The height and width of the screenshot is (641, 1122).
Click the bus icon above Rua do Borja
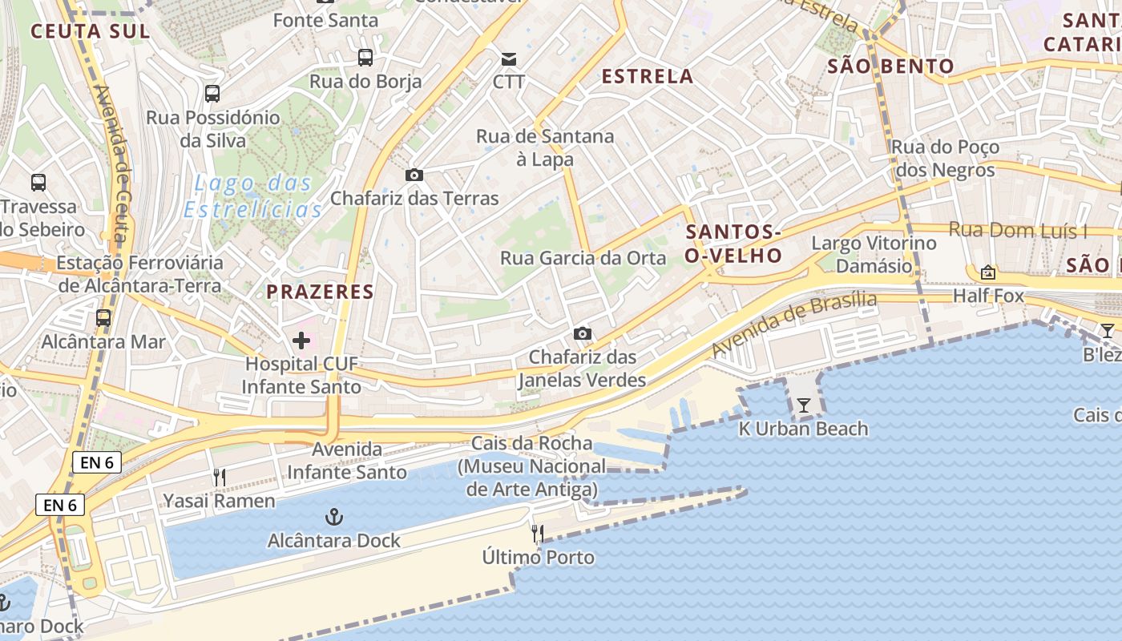[365, 57]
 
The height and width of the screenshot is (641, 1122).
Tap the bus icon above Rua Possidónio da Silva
[212, 94]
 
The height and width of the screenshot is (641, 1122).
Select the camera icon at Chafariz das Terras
[414, 175]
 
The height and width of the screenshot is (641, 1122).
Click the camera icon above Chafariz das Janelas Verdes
[583, 333]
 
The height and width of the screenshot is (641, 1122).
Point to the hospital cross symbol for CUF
[301, 341]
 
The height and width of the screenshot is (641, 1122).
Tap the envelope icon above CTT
[509, 58]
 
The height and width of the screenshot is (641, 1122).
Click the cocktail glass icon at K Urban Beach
[803, 405]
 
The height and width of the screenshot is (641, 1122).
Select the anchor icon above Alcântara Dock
[333, 517]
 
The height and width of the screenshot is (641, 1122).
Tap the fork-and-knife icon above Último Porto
[538, 533]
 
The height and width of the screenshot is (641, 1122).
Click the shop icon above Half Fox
[988, 272]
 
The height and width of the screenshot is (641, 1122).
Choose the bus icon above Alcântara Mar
[103, 318]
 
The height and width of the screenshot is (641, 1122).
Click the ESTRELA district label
[648, 76]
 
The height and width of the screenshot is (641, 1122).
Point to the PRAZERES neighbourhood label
[321, 292]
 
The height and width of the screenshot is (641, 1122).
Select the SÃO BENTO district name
[890, 66]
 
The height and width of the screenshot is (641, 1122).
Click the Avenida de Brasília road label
[793, 324]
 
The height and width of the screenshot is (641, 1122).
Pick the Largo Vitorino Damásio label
[874, 254]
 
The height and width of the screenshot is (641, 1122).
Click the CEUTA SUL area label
[90, 31]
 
